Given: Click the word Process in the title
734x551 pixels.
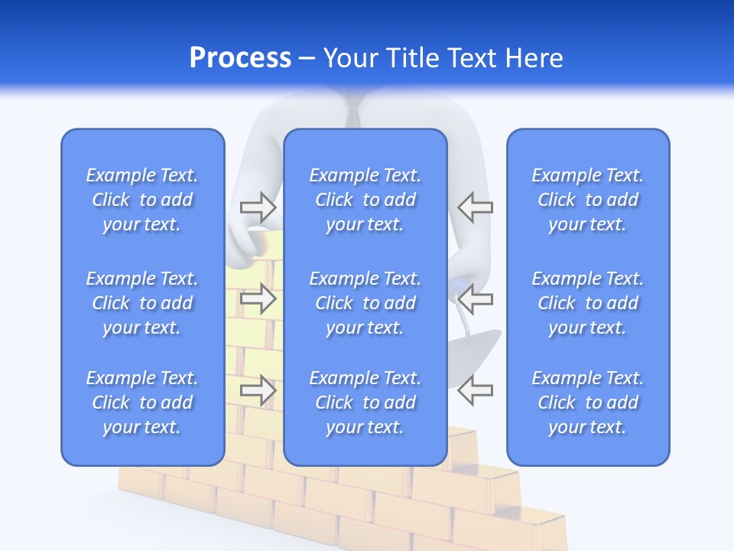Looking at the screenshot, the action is [x=240, y=58].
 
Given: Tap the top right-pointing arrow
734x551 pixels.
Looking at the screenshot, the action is [x=258, y=207].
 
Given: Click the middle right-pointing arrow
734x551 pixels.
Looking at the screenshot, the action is [x=258, y=298].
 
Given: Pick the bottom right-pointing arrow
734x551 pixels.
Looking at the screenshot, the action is [x=258, y=390].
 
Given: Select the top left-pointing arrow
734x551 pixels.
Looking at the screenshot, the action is [x=475, y=207].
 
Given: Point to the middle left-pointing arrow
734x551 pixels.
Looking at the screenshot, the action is [x=475, y=298].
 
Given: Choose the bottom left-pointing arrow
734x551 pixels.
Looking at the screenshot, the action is [x=475, y=390].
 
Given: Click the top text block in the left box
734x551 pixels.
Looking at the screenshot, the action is [x=142, y=200].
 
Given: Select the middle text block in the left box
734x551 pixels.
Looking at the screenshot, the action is [x=142, y=303].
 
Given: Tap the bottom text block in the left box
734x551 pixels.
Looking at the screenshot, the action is [x=142, y=403].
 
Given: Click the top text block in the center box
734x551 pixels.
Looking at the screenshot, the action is [x=365, y=200].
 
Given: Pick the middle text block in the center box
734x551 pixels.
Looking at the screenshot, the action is [x=365, y=303].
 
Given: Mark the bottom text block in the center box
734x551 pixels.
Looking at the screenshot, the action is [x=365, y=403].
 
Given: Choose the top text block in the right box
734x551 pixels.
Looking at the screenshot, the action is [x=588, y=200].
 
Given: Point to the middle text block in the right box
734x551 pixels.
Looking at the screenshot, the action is [x=588, y=303].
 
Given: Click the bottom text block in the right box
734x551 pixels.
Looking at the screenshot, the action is [x=588, y=403].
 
